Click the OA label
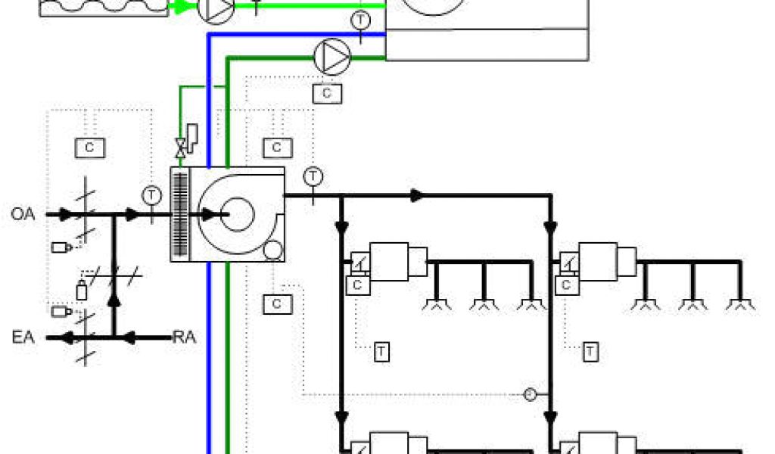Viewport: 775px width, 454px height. click(23, 214)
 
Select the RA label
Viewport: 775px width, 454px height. click(184, 337)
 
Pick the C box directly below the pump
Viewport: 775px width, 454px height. click(327, 93)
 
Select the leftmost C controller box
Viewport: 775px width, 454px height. click(89, 147)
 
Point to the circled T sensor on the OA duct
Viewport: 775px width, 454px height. click(152, 194)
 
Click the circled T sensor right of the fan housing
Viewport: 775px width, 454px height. click(313, 176)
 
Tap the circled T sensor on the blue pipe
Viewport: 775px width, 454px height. click(362, 20)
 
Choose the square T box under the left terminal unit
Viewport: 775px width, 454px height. click(381, 351)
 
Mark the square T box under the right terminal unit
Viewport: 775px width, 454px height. click(590, 351)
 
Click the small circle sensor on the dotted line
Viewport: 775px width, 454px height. click(530, 394)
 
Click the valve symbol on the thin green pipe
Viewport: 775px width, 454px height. click(180, 148)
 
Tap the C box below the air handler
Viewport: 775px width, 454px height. click(277, 303)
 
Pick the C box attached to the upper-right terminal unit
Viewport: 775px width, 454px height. click(565, 285)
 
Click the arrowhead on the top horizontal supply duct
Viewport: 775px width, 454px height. click(415, 195)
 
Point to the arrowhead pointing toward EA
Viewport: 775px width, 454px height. click(67, 337)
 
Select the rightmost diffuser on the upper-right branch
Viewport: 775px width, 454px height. click(739, 304)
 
